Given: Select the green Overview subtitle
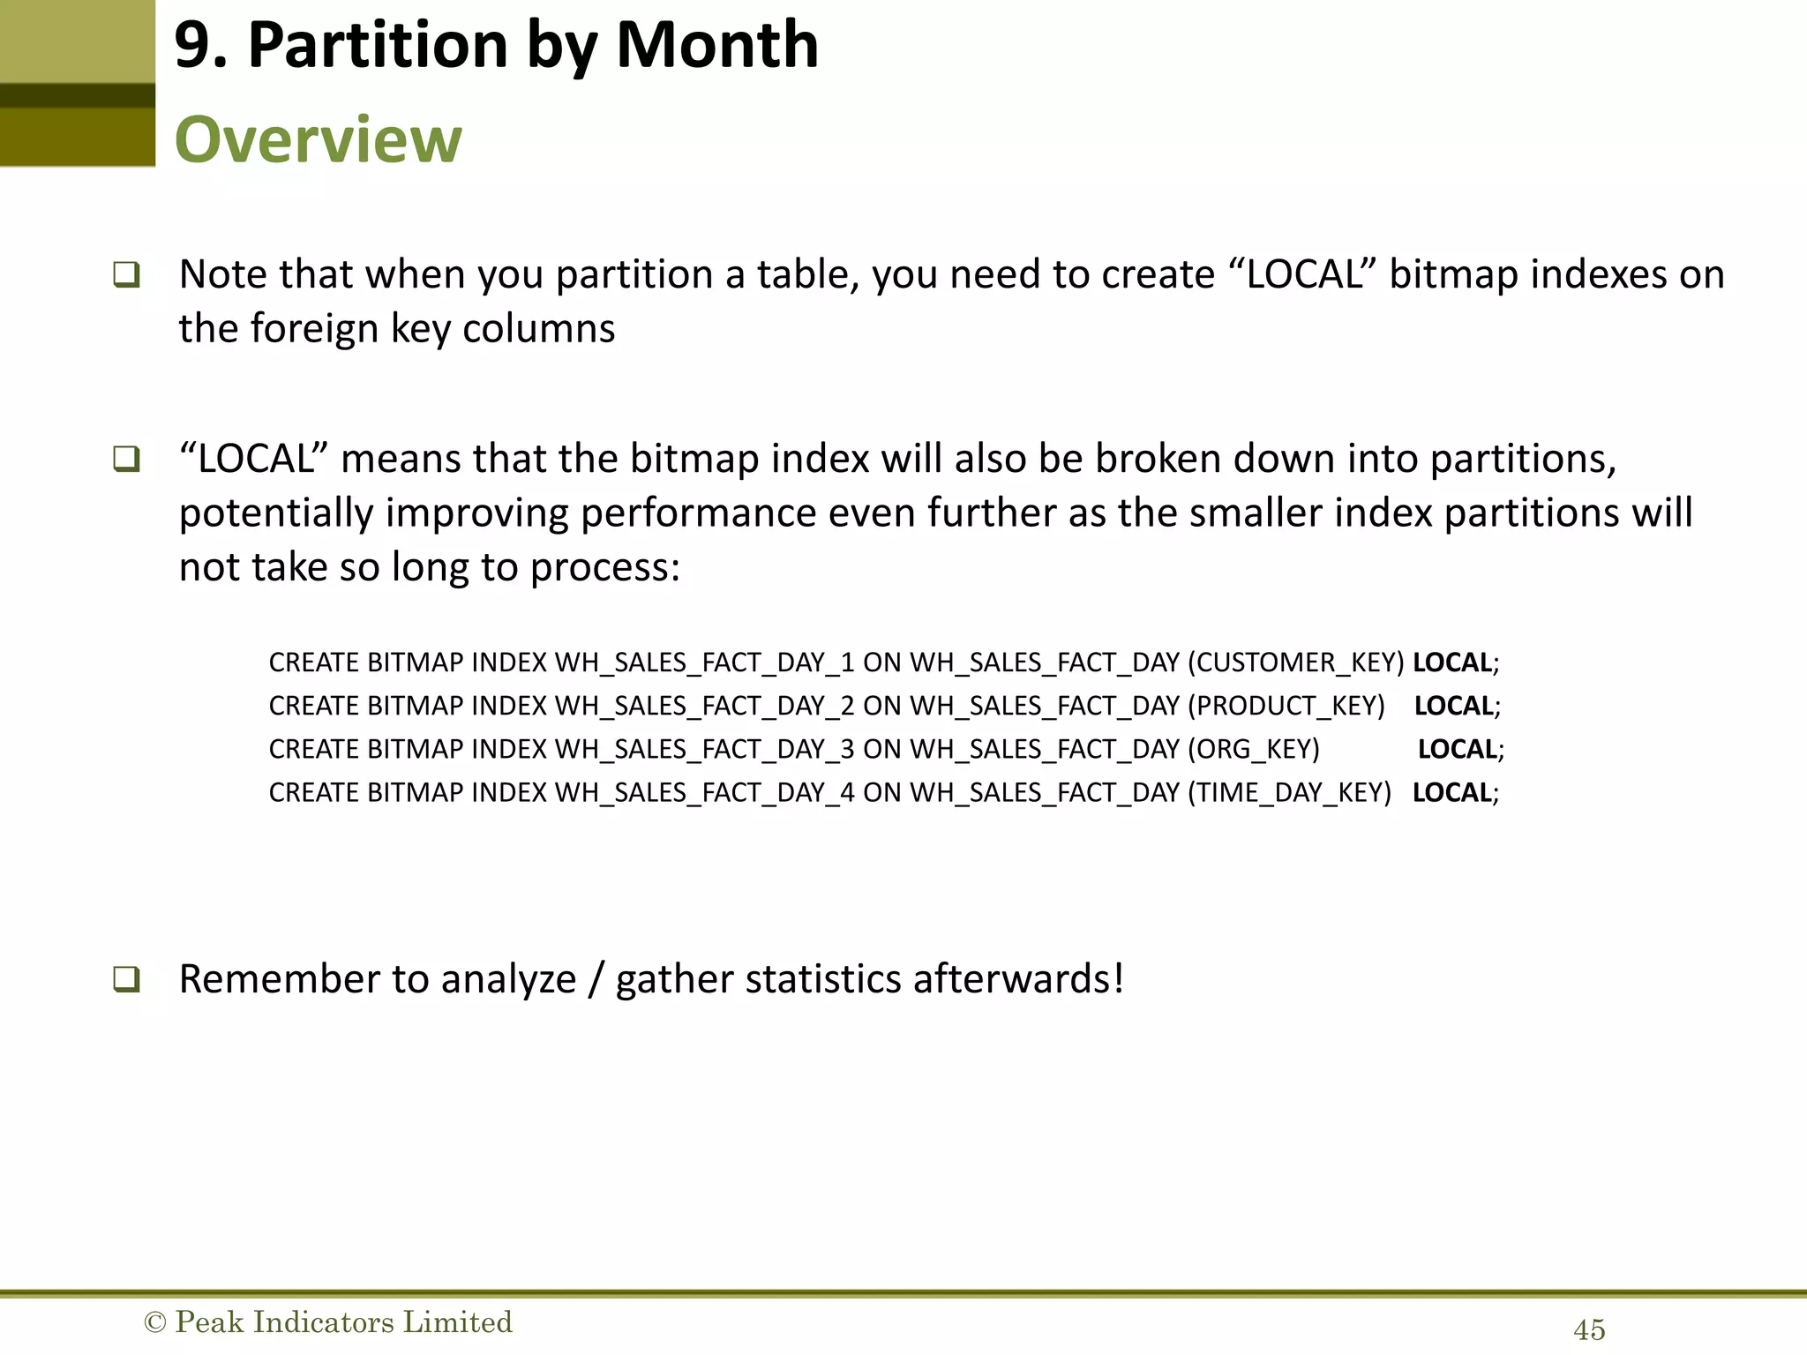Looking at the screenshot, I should [318, 139].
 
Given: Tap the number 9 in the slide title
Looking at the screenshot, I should [193, 46].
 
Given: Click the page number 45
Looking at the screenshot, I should [1589, 1329].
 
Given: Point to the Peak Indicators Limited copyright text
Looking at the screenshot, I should [328, 1321].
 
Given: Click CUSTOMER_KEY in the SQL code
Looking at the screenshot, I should [1295, 663].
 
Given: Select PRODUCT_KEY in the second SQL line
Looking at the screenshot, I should [1286, 706].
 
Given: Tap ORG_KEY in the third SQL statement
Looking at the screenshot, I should [1254, 749].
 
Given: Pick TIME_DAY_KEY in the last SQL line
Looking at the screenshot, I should [1289, 792].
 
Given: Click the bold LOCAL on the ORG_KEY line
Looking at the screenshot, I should [1457, 749].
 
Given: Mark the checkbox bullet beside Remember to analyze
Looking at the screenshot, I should [126, 979].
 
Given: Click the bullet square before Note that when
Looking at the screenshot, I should [126, 275].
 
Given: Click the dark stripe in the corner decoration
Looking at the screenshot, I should [78, 95].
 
